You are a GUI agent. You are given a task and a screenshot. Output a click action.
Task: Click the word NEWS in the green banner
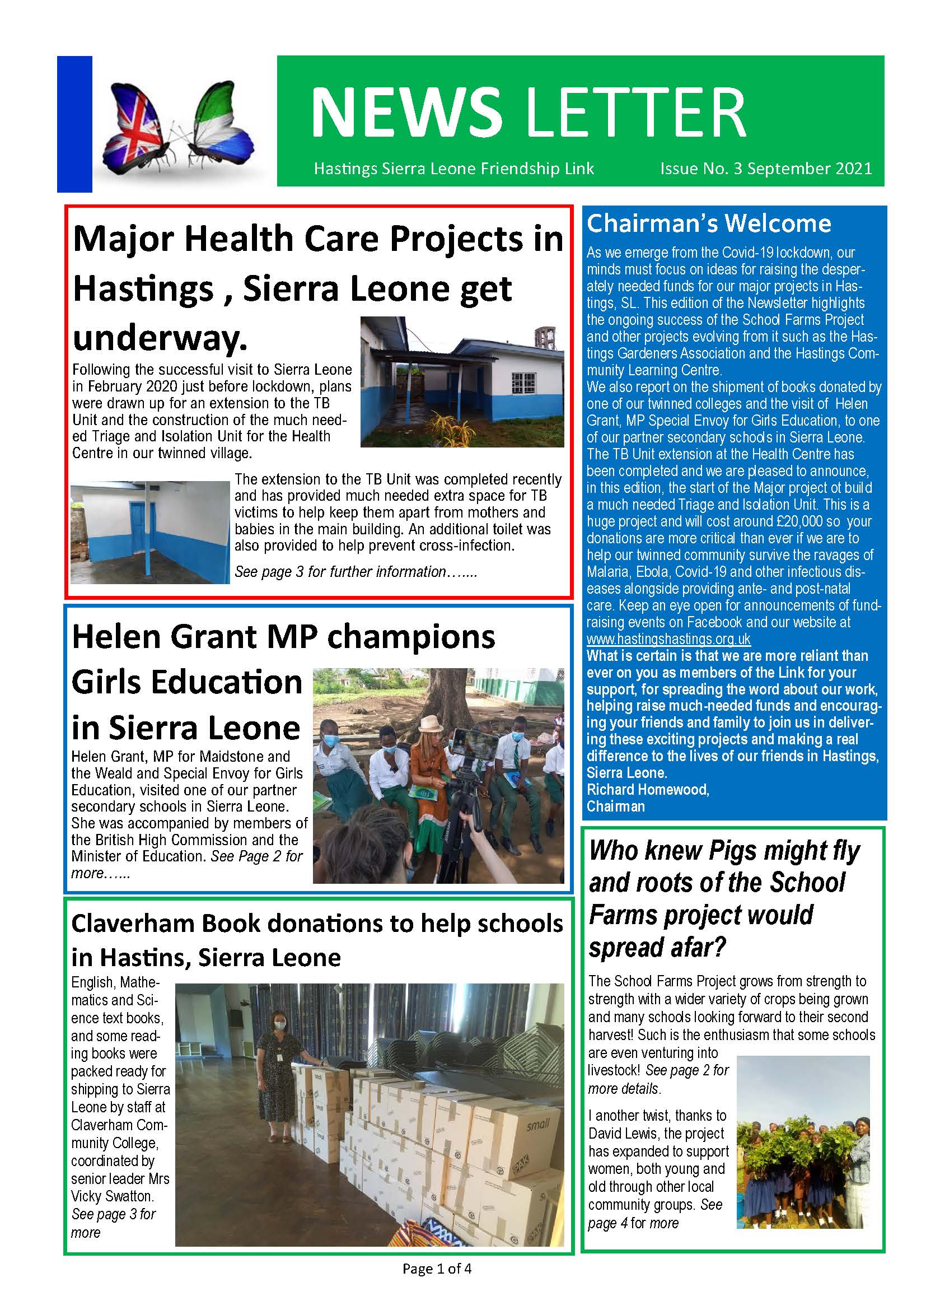pos(406,112)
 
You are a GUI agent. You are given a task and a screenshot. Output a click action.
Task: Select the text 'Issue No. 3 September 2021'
pos(766,169)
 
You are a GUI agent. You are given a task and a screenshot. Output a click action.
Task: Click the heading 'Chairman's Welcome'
pos(709,223)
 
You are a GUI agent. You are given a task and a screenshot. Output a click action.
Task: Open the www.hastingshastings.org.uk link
pos(668,639)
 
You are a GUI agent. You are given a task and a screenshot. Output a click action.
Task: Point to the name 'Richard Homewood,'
pos(648,790)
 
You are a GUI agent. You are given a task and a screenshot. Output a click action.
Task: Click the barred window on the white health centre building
pos(524,384)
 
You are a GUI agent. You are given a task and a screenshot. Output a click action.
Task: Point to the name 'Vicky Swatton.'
pos(113,1196)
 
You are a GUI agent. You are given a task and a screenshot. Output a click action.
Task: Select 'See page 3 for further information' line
pos(356,572)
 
